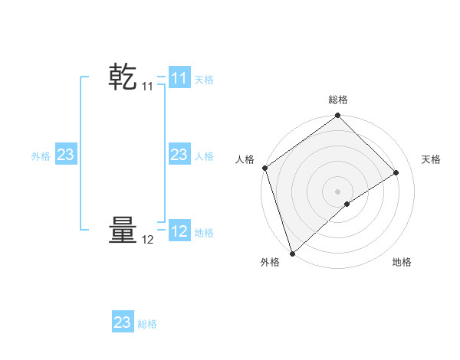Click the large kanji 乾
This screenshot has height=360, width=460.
[x=123, y=77]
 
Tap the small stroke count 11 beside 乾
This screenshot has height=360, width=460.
[x=147, y=87]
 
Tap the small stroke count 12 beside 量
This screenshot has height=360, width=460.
[x=147, y=240]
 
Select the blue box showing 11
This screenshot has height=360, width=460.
[x=179, y=78]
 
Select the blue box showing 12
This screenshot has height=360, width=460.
[x=179, y=231]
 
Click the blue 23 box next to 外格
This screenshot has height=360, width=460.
[x=66, y=155]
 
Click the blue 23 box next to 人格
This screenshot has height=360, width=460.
[x=179, y=155]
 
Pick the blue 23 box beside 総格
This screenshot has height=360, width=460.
[x=122, y=322]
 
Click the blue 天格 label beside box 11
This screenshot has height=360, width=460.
[x=204, y=80]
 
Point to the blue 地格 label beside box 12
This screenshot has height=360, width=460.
[x=204, y=233]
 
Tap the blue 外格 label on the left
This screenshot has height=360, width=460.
[x=41, y=156]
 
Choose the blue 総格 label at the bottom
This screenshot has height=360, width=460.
[x=147, y=324]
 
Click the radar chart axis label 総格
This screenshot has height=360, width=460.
[x=338, y=100]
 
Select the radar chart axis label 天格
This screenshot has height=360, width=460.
[x=431, y=159]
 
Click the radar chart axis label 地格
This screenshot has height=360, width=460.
[x=402, y=262]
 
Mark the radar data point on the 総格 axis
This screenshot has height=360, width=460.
[x=338, y=116]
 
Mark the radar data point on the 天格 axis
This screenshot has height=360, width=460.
[x=396, y=172]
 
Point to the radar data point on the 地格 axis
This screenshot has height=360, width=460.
[x=347, y=204]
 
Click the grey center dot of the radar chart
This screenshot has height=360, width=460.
[x=338, y=191]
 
